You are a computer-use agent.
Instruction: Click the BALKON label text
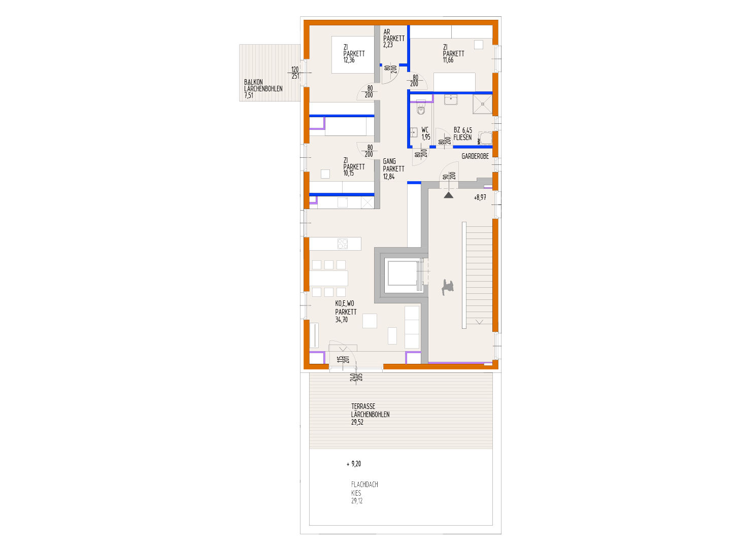point(253,82)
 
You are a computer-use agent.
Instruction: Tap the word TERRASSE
point(363,406)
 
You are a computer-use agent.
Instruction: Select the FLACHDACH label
point(364,485)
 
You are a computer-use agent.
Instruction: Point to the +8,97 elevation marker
point(480,197)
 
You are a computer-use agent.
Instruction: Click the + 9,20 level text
point(354,464)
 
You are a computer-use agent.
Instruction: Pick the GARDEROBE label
point(475,156)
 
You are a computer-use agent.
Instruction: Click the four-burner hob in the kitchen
point(343,244)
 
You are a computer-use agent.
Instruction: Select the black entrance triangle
point(448,194)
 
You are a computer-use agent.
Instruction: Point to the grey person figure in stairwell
point(447,287)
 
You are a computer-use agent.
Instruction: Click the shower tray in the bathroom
point(483,105)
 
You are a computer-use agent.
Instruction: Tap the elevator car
point(402,275)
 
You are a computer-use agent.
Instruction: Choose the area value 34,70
point(342,320)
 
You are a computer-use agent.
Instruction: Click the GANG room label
point(389,161)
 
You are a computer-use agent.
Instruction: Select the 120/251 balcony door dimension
point(295,73)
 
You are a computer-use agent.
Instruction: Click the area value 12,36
point(349,60)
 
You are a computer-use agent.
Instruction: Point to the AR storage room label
point(387,32)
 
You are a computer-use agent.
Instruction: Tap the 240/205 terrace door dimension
point(356,377)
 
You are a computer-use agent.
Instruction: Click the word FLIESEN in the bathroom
point(462,138)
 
